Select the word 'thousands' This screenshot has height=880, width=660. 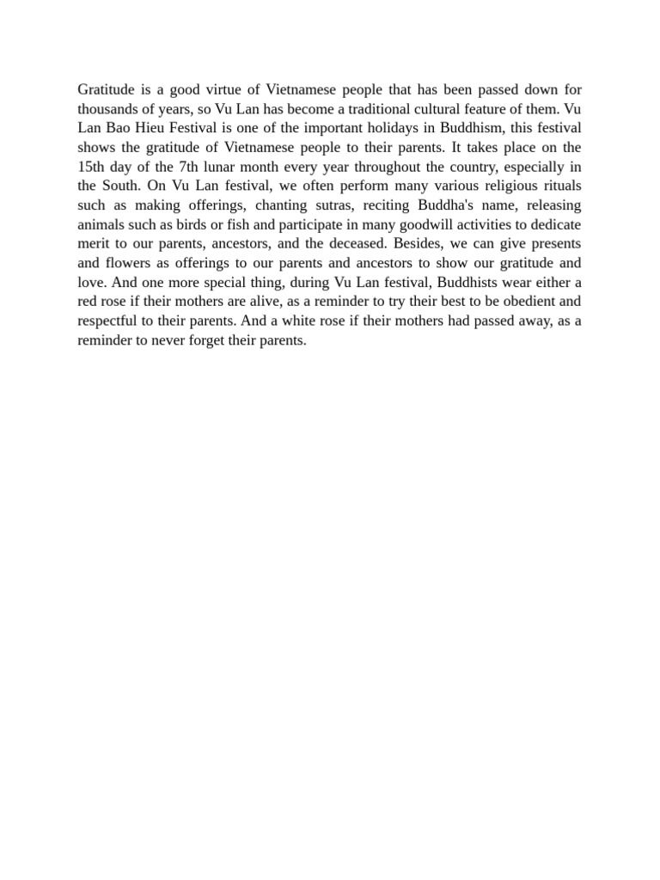pos(106,109)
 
